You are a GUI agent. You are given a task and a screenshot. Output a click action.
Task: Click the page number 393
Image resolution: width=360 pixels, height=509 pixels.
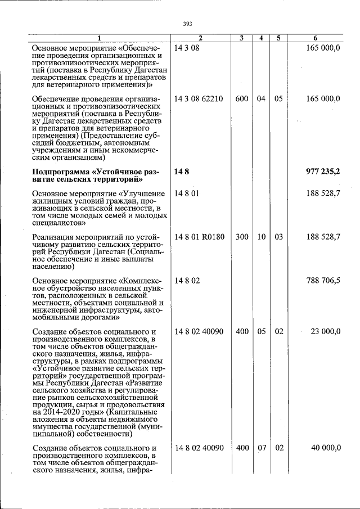click(x=188, y=23)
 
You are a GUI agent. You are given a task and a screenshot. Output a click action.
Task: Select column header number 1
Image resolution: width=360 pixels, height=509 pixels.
click(x=99, y=38)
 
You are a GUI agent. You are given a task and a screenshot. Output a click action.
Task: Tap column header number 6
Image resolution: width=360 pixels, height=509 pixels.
click(x=315, y=38)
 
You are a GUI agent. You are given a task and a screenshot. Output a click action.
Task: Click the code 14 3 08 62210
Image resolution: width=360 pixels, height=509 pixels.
click(x=199, y=99)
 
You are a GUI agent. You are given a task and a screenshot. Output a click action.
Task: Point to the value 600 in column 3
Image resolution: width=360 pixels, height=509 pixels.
click(x=242, y=99)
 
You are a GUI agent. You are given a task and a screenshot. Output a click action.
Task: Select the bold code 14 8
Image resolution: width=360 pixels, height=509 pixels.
click(x=181, y=171)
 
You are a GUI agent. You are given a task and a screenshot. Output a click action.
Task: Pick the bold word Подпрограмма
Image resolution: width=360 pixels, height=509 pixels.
click(x=60, y=171)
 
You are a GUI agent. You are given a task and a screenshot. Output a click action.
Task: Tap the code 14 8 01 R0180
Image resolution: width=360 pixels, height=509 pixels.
click(x=199, y=237)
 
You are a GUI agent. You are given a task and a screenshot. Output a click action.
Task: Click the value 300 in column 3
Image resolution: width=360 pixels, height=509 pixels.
click(x=242, y=237)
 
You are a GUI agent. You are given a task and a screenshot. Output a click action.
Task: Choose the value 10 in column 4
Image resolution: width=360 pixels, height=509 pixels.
click(x=261, y=237)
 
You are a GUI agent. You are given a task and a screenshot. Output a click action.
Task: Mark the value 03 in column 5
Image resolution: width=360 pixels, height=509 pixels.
click(x=278, y=237)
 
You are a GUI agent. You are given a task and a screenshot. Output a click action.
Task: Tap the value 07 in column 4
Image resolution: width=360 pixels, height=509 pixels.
click(x=261, y=448)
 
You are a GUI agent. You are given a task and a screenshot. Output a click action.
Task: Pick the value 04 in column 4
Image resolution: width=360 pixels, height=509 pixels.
click(x=261, y=99)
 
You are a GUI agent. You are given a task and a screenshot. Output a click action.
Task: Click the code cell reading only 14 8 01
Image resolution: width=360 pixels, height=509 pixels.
click(x=187, y=193)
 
